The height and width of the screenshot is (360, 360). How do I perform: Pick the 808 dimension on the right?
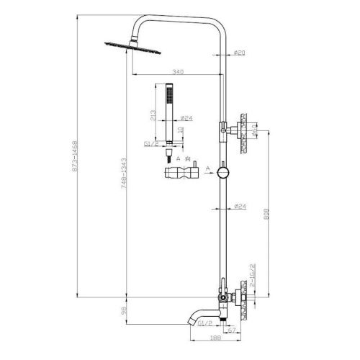[267, 214]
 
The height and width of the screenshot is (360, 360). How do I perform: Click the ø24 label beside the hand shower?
[186, 118]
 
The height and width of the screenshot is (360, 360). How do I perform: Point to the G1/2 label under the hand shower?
[151, 144]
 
